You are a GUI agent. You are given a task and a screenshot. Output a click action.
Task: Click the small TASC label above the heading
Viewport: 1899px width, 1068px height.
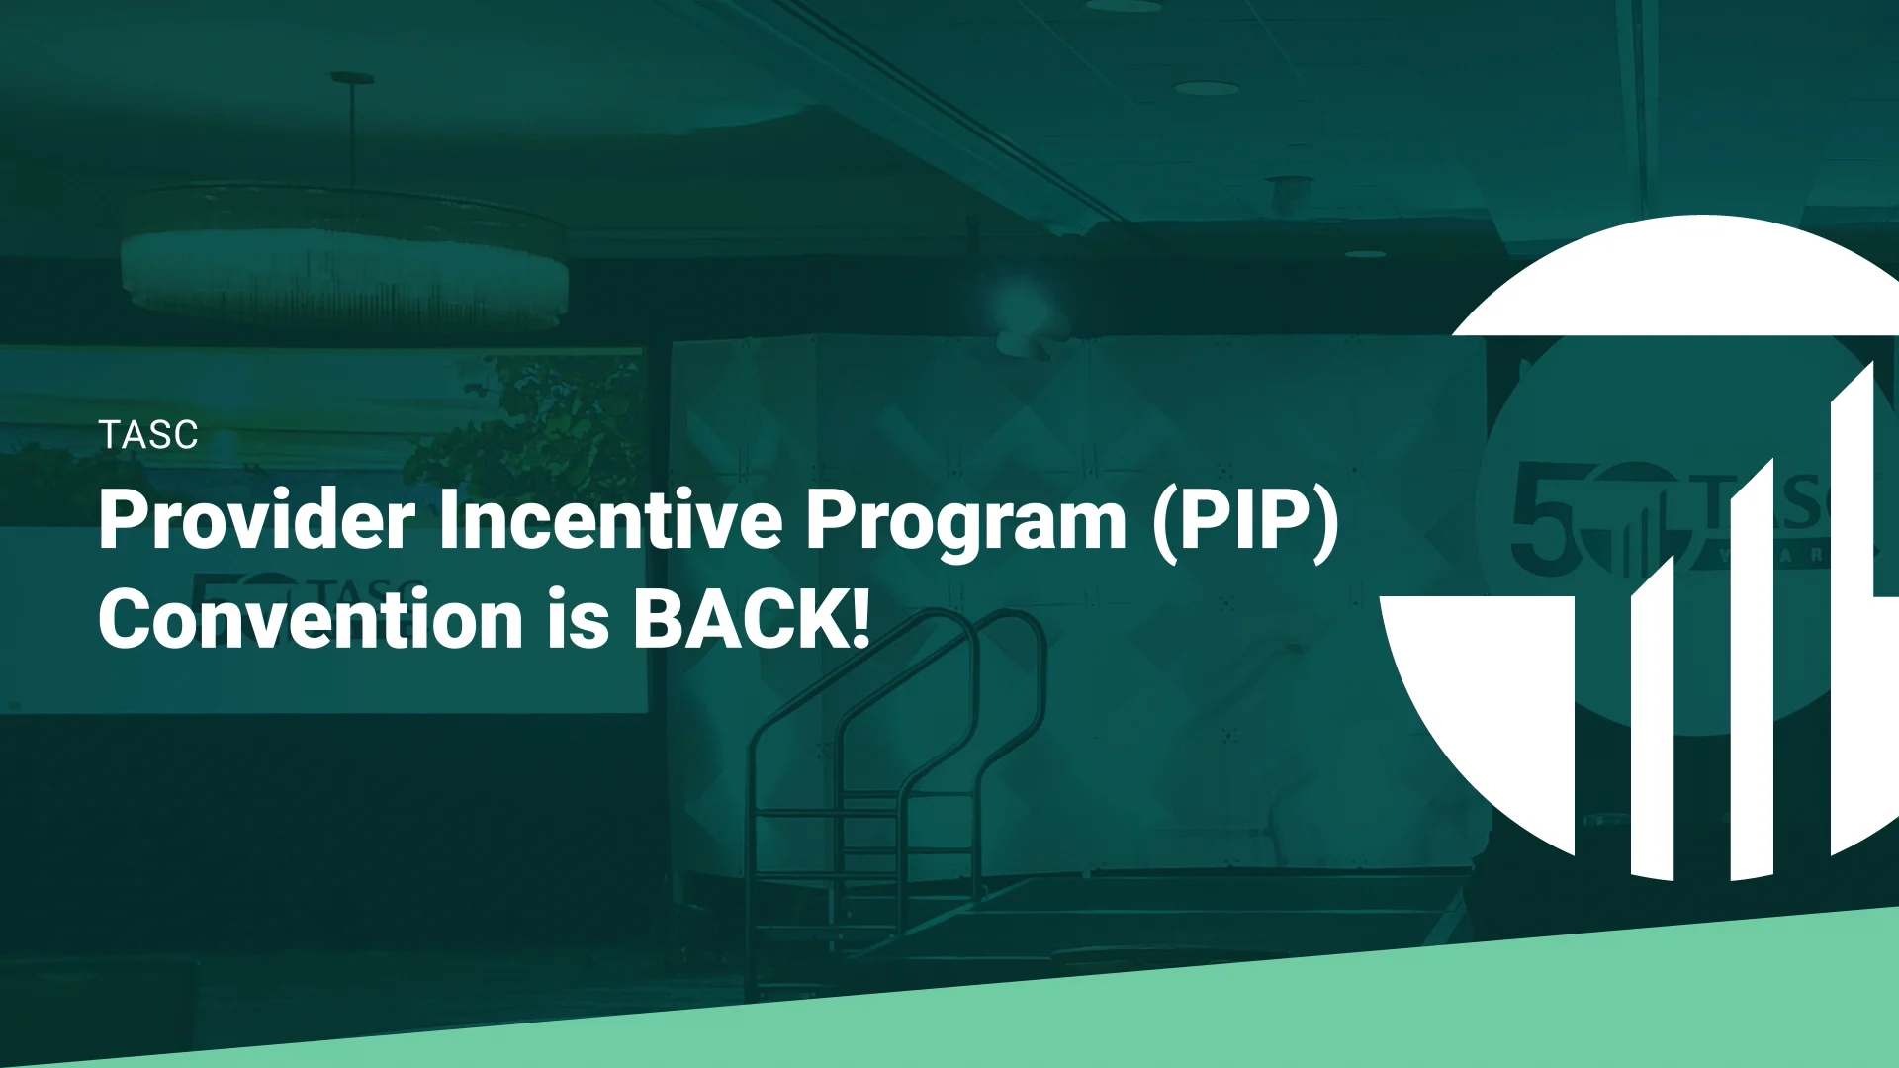pos(148,435)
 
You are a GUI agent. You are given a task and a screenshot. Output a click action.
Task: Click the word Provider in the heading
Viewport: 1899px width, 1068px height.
pos(256,521)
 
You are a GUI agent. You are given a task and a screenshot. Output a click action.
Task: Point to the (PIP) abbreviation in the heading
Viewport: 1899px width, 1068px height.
pos(1245,524)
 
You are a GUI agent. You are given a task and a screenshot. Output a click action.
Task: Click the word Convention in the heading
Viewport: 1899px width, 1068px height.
pos(310,620)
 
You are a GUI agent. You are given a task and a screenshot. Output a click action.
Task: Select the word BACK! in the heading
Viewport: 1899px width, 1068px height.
pos(752,620)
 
